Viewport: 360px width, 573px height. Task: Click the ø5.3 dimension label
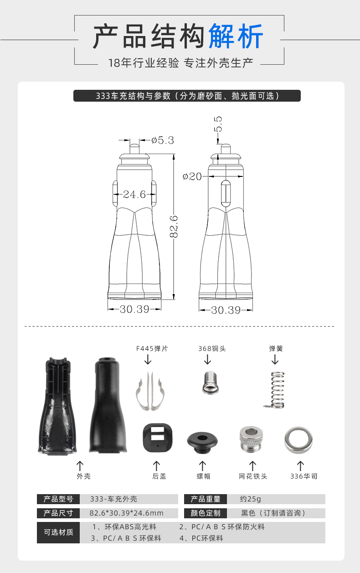click(163, 140)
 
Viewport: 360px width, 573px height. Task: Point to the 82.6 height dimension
click(174, 227)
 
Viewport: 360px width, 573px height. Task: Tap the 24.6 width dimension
click(134, 194)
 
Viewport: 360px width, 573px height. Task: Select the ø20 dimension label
click(192, 176)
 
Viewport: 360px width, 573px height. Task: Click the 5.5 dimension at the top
click(218, 124)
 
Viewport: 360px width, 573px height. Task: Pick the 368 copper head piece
click(210, 382)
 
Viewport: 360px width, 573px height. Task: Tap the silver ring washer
click(298, 440)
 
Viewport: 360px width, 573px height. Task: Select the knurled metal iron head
click(251, 439)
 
